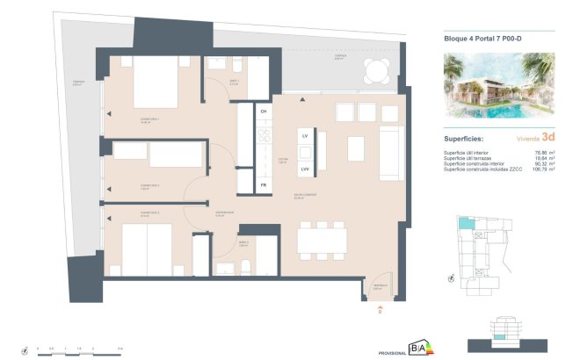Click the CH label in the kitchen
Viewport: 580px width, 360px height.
tap(263, 112)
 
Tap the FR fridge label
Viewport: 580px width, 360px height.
tap(263, 185)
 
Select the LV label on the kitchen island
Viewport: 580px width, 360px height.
tap(305, 138)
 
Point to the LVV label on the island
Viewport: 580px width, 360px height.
tap(305, 169)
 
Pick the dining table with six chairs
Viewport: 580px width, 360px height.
tap(323, 240)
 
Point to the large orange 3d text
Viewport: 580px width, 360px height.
tap(547, 137)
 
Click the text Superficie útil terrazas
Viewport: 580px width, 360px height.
tap(470, 158)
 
